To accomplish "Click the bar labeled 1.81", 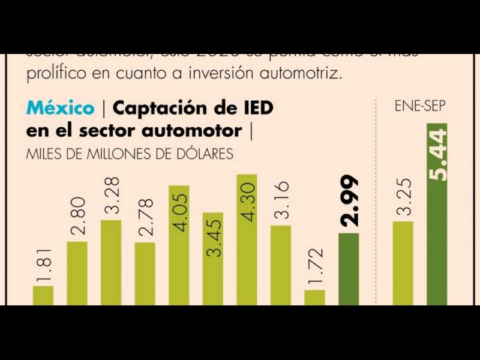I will tap(43, 295).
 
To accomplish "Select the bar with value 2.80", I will tap(77, 273).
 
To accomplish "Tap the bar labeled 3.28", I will tap(111, 262).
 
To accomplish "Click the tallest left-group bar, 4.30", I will tap(247, 239).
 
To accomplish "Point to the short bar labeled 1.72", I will tap(314, 298).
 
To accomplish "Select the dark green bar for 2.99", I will tap(349, 269).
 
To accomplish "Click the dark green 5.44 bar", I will tap(437, 214).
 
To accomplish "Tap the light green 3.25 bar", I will tap(403, 263).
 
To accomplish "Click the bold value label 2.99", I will tap(349, 201).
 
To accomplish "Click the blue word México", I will tap(61, 108).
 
